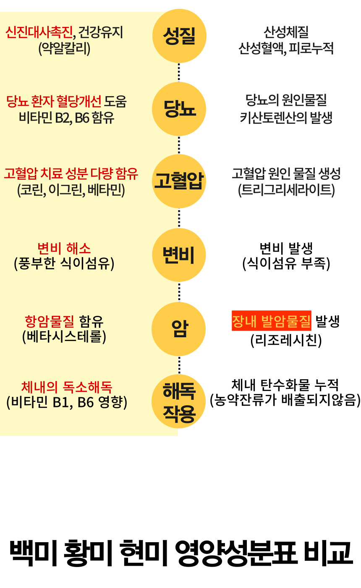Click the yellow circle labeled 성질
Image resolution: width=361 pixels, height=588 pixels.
pos(179,36)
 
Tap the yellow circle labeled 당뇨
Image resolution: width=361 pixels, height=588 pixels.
pos(179,109)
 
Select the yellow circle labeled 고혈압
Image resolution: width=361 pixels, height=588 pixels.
pos(179,182)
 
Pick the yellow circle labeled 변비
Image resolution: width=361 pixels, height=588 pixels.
pos(179,255)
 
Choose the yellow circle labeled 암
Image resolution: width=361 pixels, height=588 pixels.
pos(179,329)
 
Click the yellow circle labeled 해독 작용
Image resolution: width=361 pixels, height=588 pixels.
pos(179,401)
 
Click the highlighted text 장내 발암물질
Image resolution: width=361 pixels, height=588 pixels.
pos(272,322)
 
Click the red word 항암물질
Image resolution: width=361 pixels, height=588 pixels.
pos(50,322)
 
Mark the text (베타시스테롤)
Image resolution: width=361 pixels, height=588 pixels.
pos(64,337)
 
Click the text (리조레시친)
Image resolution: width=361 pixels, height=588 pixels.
pos(286,340)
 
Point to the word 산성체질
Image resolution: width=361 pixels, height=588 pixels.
pos(286,32)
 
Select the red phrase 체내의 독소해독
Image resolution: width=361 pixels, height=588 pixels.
pos(67,386)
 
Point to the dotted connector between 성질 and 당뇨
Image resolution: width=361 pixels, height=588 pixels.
pos(179,73)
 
